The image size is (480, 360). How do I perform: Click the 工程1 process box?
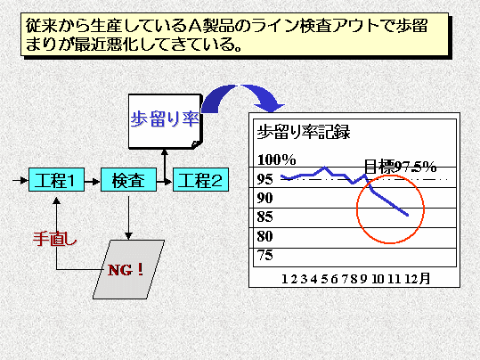point(56,180)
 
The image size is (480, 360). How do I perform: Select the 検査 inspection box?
point(128,180)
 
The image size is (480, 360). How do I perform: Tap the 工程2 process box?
point(201,180)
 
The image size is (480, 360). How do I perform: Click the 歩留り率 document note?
point(166,121)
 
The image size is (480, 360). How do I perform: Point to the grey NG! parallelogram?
point(128,269)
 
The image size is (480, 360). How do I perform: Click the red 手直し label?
point(55,239)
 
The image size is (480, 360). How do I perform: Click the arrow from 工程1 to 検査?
point(93,182)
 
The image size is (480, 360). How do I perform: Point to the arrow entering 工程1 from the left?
point(20,180)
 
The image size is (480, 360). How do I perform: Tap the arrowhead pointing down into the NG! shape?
point(128,236)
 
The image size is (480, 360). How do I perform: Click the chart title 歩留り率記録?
point(304,133)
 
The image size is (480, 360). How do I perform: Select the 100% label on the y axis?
point(277,160)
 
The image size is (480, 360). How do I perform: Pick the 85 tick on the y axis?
point(264,217)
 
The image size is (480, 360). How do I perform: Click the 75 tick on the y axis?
point(264,255)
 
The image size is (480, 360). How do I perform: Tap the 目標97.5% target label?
point(400,167)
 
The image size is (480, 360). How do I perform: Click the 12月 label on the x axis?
point(418,279)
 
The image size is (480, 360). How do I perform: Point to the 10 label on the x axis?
point(378,279)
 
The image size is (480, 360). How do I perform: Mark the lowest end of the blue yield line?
point(408,215)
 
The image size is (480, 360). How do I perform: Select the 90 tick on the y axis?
point(264,198)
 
